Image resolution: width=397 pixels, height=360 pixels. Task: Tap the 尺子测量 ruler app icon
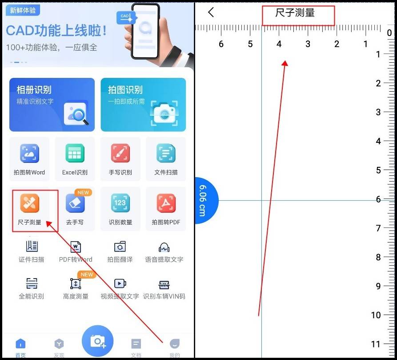[x=29, y=203]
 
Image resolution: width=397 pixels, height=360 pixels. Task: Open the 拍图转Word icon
[x=29, y=154]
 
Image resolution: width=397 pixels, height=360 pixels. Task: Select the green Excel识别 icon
[x=75, y=154]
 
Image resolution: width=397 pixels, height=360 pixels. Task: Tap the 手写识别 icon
[x=120, y=154]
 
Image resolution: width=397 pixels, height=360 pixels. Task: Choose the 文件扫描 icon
[x=166, y=154]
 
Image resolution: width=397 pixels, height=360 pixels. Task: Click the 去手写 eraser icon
[x=75, y=203]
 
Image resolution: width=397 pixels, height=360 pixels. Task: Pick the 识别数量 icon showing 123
[x=120, y=203]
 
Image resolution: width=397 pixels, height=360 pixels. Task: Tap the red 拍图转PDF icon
[x=166, y=203]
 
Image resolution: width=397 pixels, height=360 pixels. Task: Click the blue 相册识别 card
[x=52, y=105]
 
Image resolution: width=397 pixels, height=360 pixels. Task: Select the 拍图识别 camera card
[x=143, y=105]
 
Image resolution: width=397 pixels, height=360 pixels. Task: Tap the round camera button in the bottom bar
[x=97, y=341]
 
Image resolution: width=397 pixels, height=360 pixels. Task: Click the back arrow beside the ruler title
[x=211, y=12]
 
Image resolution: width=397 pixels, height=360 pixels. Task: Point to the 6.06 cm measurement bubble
[x=205, y=200]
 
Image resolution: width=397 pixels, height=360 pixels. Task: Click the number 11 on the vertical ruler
[x=376, y=344]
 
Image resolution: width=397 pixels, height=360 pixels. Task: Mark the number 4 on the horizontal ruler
[x=279, y=44]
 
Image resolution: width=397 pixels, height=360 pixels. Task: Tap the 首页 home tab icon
[x=20, y=344]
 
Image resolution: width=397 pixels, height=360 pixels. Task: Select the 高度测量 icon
[x=76, y=284]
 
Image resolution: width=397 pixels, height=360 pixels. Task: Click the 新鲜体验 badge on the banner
[x=23, y=10]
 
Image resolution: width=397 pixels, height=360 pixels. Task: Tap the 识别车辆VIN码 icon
[x=164, y=285]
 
